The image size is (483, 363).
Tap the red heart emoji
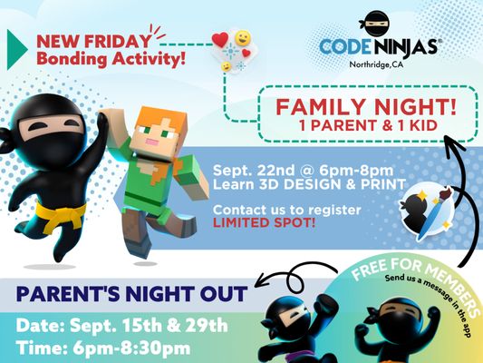click(219, 40)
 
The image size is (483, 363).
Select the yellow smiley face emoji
click(242, 38)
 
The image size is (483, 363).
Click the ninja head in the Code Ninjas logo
click(376, 22)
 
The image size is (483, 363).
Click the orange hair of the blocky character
click(145, 123)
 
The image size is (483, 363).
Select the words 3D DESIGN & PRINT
click(314, 185)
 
